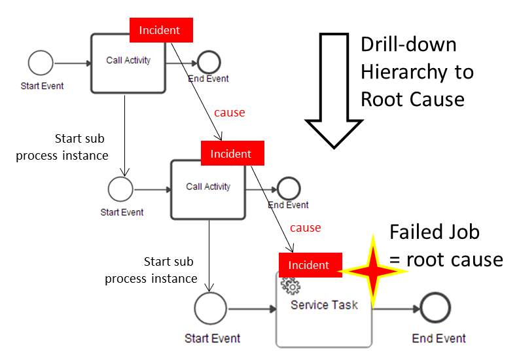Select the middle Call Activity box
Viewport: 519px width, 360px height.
pos(208,189)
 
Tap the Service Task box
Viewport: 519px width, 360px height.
pos(324,311)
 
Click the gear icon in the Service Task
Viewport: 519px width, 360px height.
pos(290,285)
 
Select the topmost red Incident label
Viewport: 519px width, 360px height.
pos(161,30)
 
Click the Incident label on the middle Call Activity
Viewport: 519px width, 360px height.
pos(230,154)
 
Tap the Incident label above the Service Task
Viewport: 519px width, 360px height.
pos(309,265)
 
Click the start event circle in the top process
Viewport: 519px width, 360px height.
pos(41,63)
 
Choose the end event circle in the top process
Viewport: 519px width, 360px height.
pos(209,63)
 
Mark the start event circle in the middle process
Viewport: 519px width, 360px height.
pos(120,190)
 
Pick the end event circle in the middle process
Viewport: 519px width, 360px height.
pos(289,189)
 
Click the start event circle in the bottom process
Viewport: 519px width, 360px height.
pos(210,309)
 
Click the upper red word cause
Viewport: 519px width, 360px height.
pos(229,113)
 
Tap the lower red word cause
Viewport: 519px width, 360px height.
pos(305,228)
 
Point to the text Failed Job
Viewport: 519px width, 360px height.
pos(434,232)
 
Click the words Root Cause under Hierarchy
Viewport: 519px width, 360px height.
pos(412,99)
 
